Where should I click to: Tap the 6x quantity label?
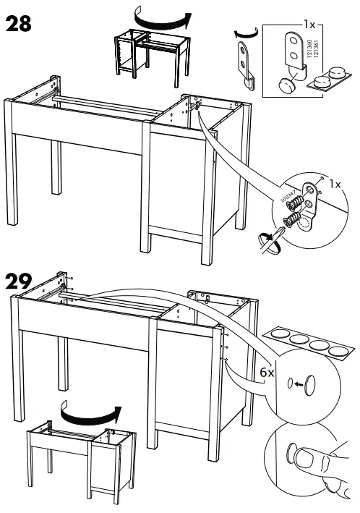[x=267, y=372]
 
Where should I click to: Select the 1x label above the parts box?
[x=309, y=24]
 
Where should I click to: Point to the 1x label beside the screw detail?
[x=334, y=185]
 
